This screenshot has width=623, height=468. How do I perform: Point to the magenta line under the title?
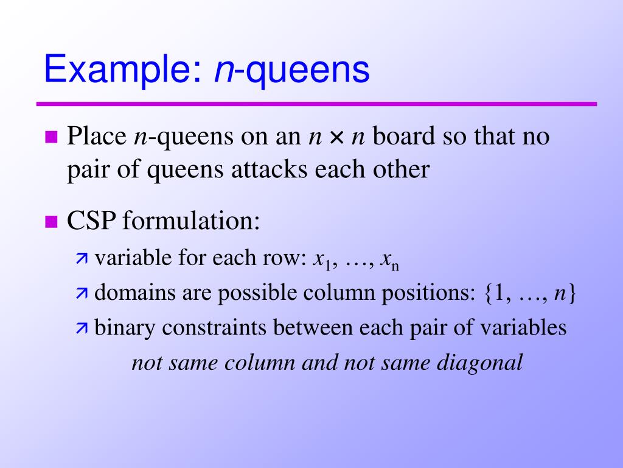tap(316, 104)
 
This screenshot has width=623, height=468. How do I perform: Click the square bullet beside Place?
tap(51, 136)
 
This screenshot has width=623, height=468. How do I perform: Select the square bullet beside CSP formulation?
tap(51, 221)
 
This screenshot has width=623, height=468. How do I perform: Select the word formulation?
tap(191, 221)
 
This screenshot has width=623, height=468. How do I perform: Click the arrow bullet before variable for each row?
tap(82, 260)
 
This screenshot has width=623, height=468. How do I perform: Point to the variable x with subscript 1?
tap(320, 260)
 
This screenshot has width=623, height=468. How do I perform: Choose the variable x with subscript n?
tap(388, 260)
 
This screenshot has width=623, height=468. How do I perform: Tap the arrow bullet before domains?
tap(82, 294)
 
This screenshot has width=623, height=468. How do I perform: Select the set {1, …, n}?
tap(530, 294)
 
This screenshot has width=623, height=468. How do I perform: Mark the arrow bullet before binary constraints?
tap(82, 328)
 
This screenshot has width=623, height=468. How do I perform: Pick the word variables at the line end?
tap(520, 328)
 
